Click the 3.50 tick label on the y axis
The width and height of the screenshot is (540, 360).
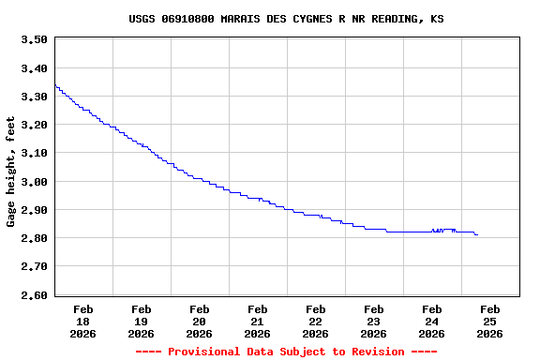34,39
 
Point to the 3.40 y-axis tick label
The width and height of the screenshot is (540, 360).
34,68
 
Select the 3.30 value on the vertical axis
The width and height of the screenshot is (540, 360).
34,97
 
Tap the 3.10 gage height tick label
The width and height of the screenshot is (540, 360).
34,153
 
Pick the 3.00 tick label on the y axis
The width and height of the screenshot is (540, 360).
34,181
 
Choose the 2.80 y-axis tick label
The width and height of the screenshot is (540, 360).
34,238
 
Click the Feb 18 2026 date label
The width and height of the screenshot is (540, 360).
82,321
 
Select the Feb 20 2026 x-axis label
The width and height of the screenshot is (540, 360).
199,321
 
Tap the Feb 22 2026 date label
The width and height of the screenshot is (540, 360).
315,321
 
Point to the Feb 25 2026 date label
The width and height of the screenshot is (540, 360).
489,321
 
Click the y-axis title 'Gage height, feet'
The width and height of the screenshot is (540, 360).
11,172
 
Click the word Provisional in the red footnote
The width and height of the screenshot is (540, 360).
203,352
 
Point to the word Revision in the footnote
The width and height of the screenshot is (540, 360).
374,352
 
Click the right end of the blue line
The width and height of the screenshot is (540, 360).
477,234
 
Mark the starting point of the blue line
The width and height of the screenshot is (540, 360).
55,85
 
